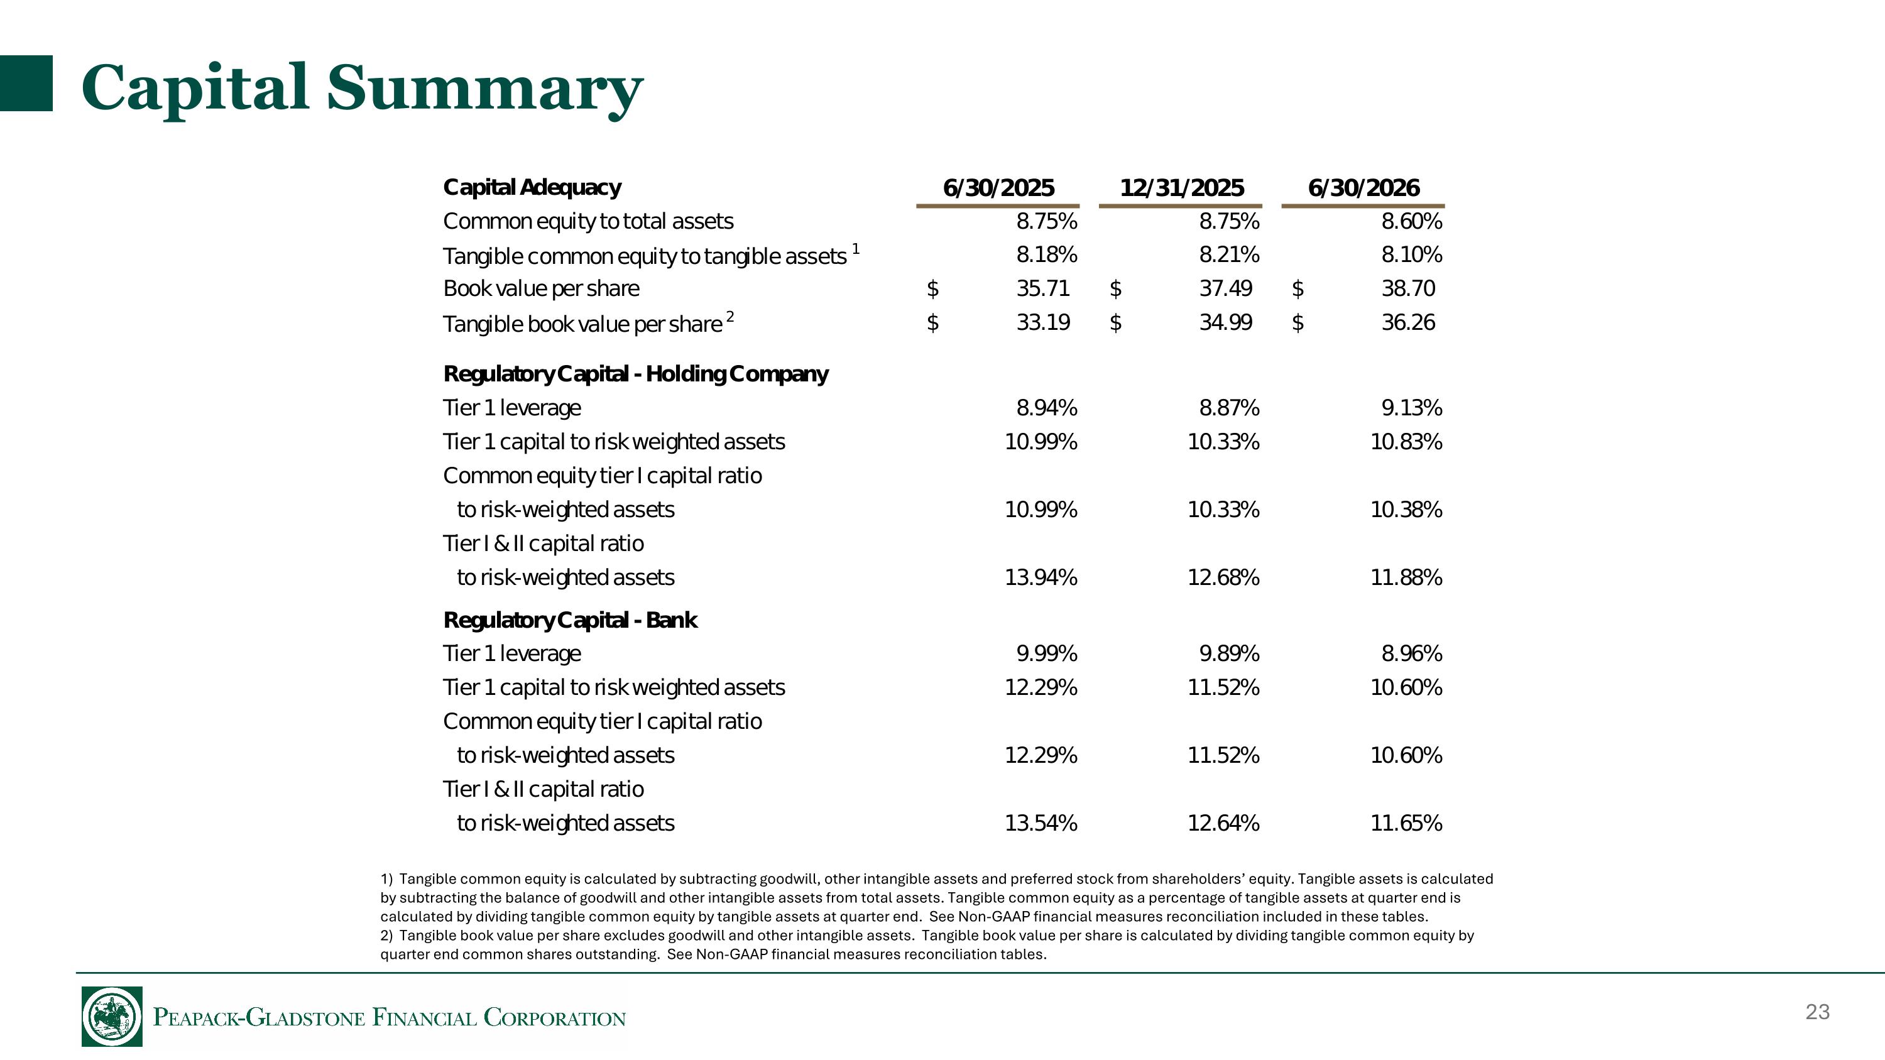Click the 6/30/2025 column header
coord(998,188)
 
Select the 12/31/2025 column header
coord(1181,188)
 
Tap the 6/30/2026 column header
coord(1363,188)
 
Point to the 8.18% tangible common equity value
coord(1046,254)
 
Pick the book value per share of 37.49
coord(1226,288)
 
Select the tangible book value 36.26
coord(1408,322)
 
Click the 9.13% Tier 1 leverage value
coord(1412,407)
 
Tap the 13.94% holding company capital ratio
coord(1041,577)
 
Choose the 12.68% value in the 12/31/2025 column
coord(1223,577)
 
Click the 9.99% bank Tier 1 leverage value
coord(1046,653)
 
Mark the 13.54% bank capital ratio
coord(1041,823)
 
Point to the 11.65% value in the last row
coord(1406,823)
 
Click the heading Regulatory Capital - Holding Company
coord(636,374)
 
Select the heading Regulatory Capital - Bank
coord(570,620)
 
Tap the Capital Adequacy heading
coord(532,188)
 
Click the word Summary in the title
coord(484,89)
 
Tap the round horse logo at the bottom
coord(112,1016)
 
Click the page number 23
coord(1818,1012)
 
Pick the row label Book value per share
coord(541,289)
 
